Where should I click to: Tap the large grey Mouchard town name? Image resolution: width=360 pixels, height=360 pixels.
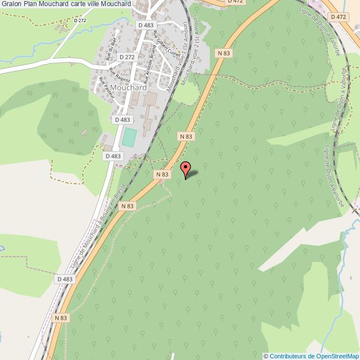(128, 88)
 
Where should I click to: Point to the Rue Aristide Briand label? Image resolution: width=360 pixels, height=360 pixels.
(152, 63)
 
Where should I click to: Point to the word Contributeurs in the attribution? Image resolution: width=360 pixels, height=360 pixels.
(289, 356)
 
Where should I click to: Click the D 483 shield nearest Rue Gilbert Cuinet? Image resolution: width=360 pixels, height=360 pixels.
(146, 25)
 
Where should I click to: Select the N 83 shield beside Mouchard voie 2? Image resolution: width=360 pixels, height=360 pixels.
(223, 53)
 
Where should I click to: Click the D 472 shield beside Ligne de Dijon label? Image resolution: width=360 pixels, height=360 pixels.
(338, 17)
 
